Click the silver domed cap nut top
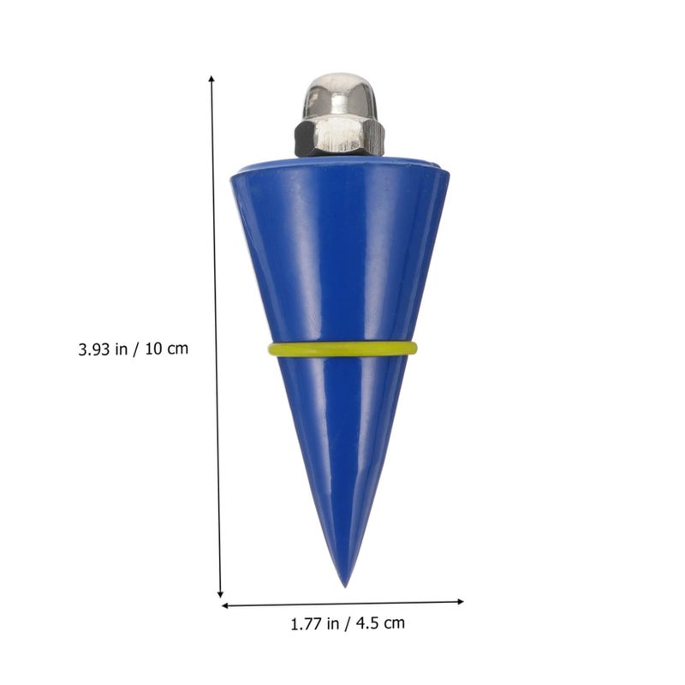pyautogui.click(x=340, y=97)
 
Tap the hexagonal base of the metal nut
pyautogui.click(x=339, y=138)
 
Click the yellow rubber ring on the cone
pyautogui.click(x=342, y=349)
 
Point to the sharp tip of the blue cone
pyautogui.click(x=345, y=587)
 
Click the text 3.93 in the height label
pyautogui.click(x=94, y=349)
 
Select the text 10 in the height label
pyautogui.click(x=154, y=349)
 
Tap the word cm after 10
pyautogui.click(x=178, y=350)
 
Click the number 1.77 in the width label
pyautogui.click(x=306, y=624)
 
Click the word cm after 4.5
pyautogui.click(x=396, y=624)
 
